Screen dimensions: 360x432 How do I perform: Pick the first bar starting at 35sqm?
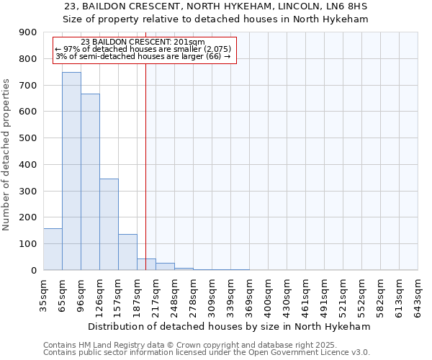(x=53, y=249)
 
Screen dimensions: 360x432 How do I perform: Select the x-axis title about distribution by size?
(x=230, y=326)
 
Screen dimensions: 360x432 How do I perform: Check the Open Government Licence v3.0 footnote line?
(x=206, y=352)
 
